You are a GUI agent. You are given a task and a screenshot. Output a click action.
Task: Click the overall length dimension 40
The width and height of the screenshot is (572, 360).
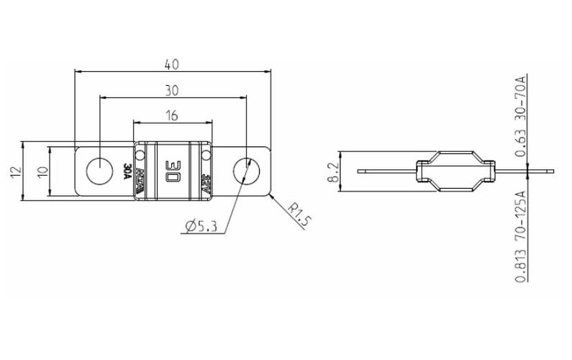(172, 63)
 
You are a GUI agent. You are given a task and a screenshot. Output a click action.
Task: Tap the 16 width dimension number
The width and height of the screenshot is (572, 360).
(172, 114)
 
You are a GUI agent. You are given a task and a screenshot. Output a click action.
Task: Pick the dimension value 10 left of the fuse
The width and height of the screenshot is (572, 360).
(42, 171)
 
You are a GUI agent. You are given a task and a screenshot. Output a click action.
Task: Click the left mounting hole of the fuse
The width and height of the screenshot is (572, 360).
(96, 171)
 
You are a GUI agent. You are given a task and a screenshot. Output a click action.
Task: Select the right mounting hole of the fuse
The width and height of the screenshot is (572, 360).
(246, 171)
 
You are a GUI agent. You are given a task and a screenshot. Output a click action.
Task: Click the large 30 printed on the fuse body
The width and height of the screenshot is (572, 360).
(173, 171)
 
